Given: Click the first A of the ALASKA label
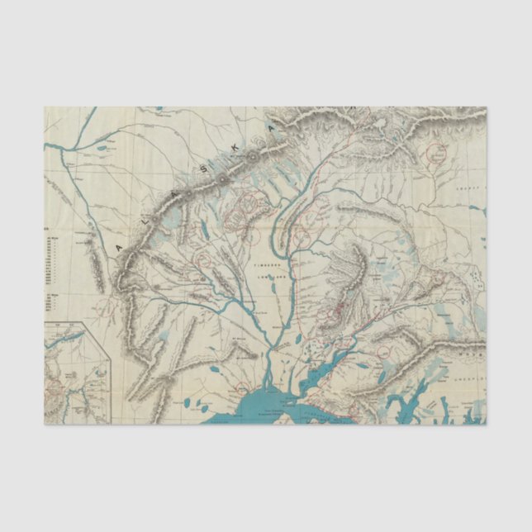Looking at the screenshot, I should pyautogui.click(x=121, y=246).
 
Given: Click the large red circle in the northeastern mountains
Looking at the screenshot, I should pyautogui.click(x=436, y=152).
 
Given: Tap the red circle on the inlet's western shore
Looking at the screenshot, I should pyautogui.click(x=242, y=389).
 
